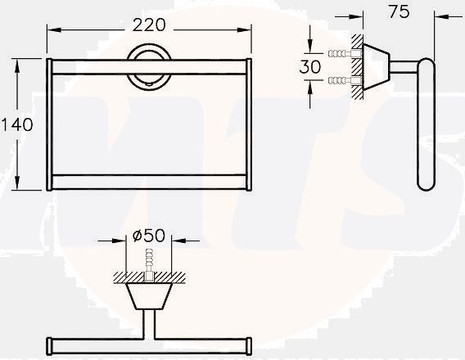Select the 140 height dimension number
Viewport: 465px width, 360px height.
17,124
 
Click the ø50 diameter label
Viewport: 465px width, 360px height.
148,236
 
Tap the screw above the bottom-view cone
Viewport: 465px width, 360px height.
148,263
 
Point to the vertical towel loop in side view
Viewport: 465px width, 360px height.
426,127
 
